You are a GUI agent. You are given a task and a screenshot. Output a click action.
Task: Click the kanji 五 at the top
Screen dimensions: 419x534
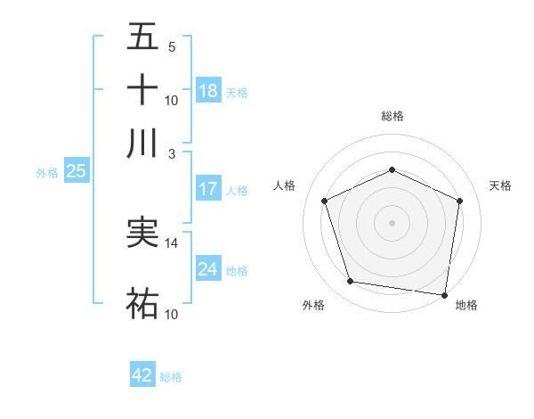pyautogui.click(x=142, y=38)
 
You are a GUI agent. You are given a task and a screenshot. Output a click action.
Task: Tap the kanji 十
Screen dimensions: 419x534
pyautogui.click(x=142, y=90)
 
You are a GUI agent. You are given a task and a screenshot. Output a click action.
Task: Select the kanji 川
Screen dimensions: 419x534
pyautogui.click(x=142, y=143)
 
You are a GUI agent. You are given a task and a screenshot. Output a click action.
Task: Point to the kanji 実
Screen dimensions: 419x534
pyautogui.click(x=142, y=234)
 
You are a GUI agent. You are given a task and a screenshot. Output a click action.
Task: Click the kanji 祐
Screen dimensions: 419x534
pyautogui.click(x=142, y=304)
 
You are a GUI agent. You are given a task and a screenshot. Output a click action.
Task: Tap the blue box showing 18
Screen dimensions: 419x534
pyautogui.click(x=208, y=91)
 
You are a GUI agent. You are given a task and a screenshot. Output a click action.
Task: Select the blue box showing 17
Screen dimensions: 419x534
pyautogui.click(x=208, y=189)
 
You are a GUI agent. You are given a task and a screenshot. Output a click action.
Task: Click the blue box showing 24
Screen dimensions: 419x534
pyautogui.click(x=208, y=269)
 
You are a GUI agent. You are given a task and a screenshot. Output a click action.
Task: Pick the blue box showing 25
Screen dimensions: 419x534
pyautogui.click(x=76, y=172)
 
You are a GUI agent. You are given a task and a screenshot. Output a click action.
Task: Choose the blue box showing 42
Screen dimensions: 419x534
pyautogui.click(x=142, y=375)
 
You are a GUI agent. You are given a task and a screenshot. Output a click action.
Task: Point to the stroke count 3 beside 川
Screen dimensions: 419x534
pyautogui.click(x=171, y=152)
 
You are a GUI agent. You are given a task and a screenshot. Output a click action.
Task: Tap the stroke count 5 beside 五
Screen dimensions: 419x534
pyautogui.click(x=171, y=47)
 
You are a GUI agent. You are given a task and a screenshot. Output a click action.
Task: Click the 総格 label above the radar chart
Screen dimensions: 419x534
pyautogui.click(x=392, y=116)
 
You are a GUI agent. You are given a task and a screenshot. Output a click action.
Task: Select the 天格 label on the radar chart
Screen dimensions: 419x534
pyautogui.click(x=500, y=185)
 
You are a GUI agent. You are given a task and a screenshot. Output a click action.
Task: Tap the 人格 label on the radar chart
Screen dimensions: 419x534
pyautogui.click(x=285, y=185)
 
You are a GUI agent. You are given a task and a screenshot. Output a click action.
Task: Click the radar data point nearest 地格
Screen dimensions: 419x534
pyautogui.click(x=444, y=294)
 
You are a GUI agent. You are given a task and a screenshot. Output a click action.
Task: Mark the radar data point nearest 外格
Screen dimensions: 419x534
pyautogui.click(x=351, y=282)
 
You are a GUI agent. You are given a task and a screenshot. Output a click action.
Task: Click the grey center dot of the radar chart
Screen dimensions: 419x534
pyautogui.click(x=392, y=222)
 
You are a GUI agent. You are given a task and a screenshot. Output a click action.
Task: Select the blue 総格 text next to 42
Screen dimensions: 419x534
pyautogui.click(x=171, y=376)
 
